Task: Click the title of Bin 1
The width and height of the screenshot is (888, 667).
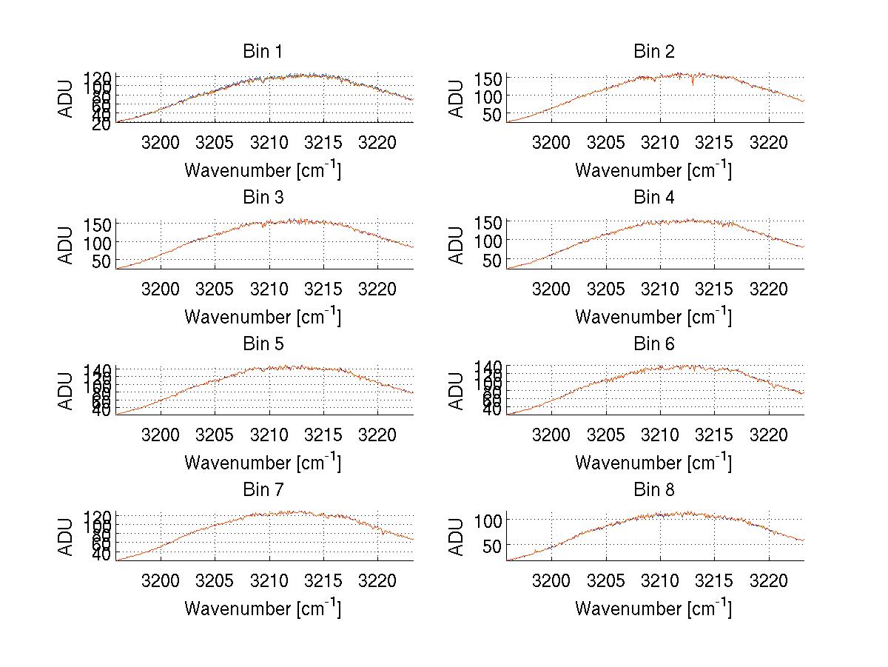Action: pyautogui.click(x=263, y=52)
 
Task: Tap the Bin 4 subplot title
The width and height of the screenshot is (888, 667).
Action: pyautogui.click(x=654, y=198)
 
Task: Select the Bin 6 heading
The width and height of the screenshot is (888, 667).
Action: pyautogui.click(x=654, y=343)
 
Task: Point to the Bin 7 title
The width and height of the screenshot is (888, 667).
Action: pyautogui.click(x=263, y=489)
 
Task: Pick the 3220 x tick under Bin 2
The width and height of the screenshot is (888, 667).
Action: pyautogui.click(x=769, y=142)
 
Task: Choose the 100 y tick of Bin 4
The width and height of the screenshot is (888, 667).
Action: pyautogui.click(x=488, y=241)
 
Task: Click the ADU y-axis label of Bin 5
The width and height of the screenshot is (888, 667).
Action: pyautogui.click(x=67, y=391)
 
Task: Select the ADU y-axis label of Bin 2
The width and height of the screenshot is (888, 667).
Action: pyautogui.click(x=457, y=98)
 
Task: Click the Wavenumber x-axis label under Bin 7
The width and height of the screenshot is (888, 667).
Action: pyautogui.click(x=263, y=608)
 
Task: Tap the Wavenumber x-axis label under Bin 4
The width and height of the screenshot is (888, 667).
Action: pyautogui.click(x=653, y=316)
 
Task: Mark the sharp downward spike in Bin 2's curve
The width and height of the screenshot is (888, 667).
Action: pyautogui.click(x=693, y=84)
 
